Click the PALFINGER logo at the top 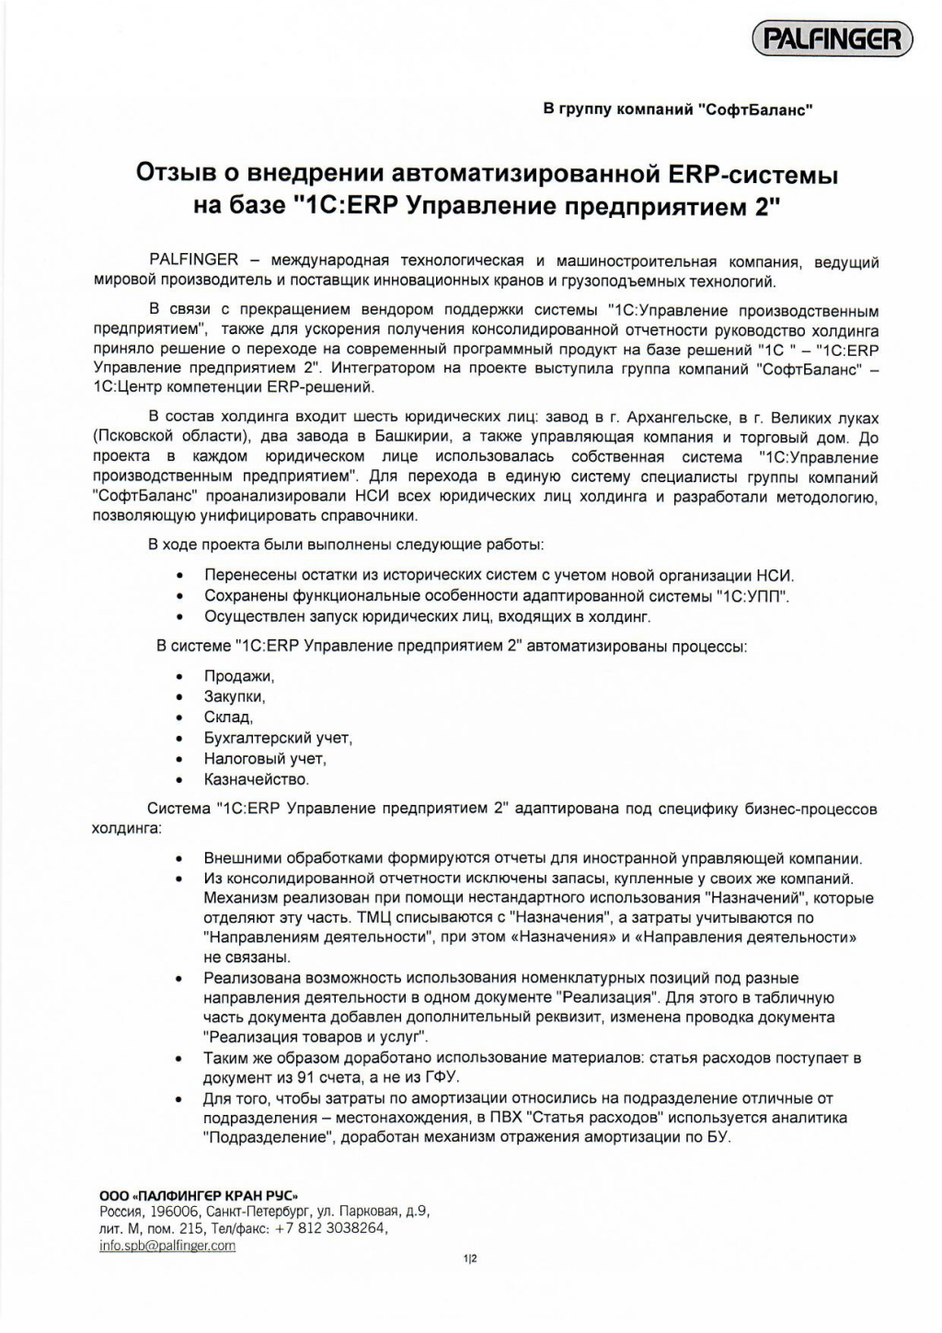point(833,40)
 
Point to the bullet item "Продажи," point(239,676)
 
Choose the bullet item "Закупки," point(235,696)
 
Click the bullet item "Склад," point(228,718)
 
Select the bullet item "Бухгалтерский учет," point(278,738)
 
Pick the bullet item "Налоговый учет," point(265,759)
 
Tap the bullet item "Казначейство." point(257,779)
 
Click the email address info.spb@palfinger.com point(167,1246)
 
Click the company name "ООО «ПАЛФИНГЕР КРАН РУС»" point(199,1195)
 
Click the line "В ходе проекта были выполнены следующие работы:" point(346,545)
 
